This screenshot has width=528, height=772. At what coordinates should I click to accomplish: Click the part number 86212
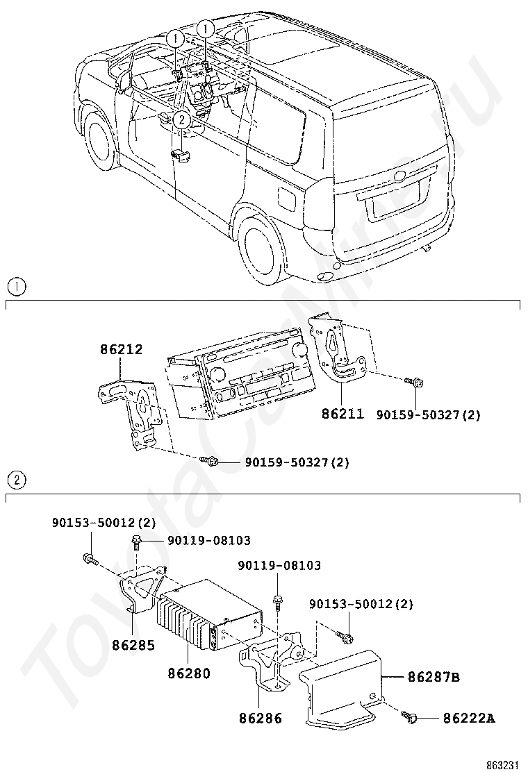coord(122,349)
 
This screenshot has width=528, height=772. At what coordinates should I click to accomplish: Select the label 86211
coord(343,414)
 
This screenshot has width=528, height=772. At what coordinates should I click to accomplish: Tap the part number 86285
coord(133,645)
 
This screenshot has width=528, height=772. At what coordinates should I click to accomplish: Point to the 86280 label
coord(188,673)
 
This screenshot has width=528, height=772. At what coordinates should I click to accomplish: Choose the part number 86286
coord(261,719)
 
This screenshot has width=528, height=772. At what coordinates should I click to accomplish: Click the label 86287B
coord(433,676)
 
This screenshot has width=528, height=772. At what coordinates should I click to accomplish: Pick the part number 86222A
coord(469,718)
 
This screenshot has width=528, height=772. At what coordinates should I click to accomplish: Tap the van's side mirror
coord(124,80)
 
